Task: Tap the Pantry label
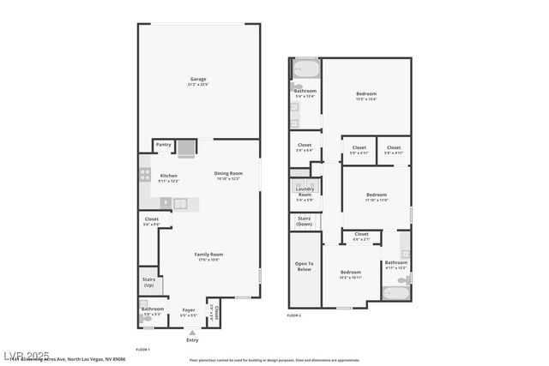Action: pyautogui.click(x=164, y=145)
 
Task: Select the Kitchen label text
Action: pyautogui.click(x=168, y=176)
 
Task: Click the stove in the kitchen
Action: pyautogui.click(x=144, y=176)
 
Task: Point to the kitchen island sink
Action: pyautogui.click(x=181, y=203)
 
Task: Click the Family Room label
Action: pyautogui.click(x=208, y=254)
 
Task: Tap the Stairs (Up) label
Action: pyautogui.click(x=148, y=282)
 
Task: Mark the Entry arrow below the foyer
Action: pyautogui.click(x=192, y=332)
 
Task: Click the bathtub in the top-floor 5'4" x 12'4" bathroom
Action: pyautogui.click(x=305, y=69)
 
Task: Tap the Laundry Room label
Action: pyautogui.click(x=305, y=194)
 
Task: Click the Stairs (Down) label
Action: pyautogui.click(x=304, y=220)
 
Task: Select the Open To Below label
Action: pyautogui.click(x=304, y=267)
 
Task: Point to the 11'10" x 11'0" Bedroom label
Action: pyautogui.click(x=376, y=195)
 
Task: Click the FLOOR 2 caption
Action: pyautogui.click(x=294, y=316)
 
